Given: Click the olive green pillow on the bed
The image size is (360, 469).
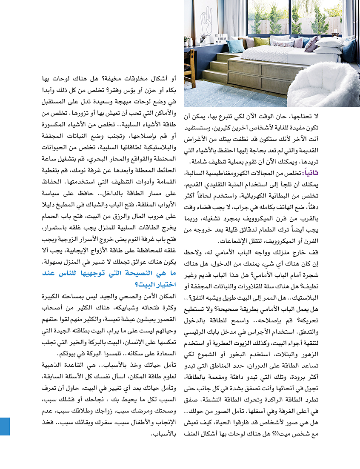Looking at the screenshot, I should point(261,41).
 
